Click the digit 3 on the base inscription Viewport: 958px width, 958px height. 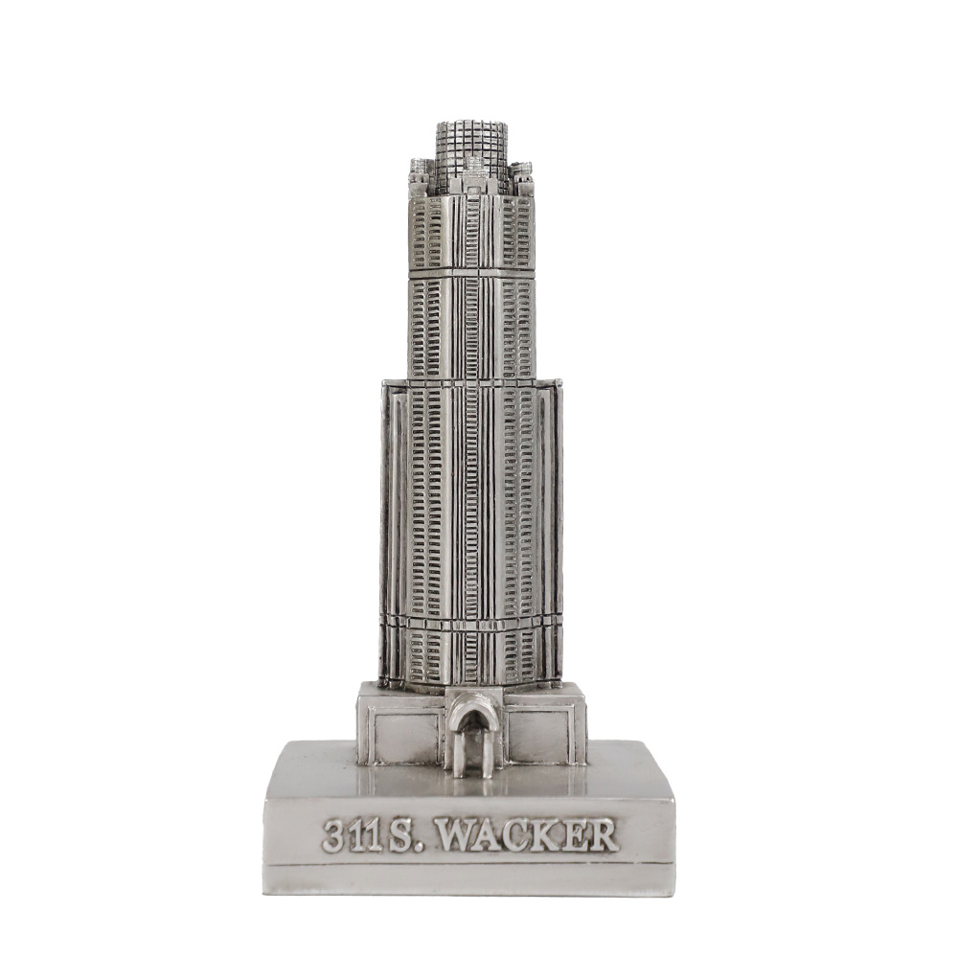pyautogui.click(x=334, y=836)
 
